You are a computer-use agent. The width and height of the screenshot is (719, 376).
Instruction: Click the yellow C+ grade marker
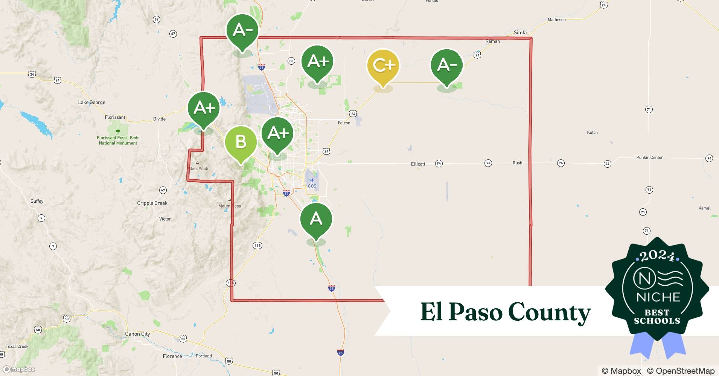383,66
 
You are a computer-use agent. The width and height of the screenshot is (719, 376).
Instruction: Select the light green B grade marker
241,142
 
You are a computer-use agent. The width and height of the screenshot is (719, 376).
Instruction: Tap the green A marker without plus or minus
316,219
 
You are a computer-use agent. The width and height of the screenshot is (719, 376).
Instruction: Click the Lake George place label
91,102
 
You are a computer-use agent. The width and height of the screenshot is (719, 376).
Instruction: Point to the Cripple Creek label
152,203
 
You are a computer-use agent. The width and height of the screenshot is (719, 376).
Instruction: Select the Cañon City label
137,334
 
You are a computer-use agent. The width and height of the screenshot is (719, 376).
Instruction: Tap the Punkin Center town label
649,157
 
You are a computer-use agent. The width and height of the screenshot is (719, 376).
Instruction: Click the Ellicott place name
418,164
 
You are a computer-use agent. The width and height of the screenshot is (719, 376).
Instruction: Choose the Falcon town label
344,123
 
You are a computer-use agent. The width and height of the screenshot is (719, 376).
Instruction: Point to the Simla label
520,33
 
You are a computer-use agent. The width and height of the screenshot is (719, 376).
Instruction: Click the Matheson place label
556,20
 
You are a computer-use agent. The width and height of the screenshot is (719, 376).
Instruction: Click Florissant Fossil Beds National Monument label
118,140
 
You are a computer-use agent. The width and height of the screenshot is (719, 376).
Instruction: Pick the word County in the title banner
549,312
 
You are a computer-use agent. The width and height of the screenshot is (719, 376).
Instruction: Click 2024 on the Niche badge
657,256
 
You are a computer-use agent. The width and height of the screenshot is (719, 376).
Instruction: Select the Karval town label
704,208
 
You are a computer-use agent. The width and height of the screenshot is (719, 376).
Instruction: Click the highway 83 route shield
291,61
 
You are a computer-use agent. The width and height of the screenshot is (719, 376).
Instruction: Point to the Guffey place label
37,201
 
